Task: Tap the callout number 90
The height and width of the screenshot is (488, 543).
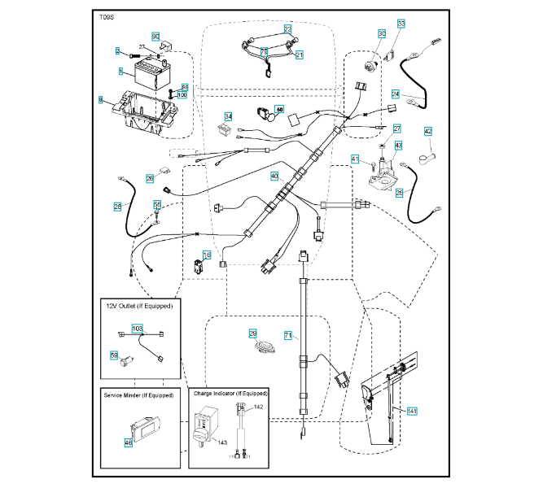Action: pos(156,37)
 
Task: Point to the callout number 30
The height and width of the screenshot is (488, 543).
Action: pos(381,34)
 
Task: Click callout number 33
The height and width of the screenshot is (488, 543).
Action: pos(401,24)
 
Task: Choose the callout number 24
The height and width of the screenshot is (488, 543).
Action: pos(396,94)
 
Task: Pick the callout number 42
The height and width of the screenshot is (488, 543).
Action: pos(428,132)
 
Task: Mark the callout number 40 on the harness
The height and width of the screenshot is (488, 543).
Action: pos(274,176)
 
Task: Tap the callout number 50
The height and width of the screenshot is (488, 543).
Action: pos(280,109)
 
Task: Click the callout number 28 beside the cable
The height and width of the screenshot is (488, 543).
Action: pos(117,207)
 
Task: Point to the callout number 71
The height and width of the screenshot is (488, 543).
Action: pos(287,335)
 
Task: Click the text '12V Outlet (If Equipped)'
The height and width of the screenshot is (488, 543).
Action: pos(140,307)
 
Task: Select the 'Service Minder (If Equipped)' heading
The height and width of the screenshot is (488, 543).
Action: pos(139,394)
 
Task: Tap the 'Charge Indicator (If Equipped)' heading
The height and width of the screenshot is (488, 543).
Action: pos(230,394)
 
